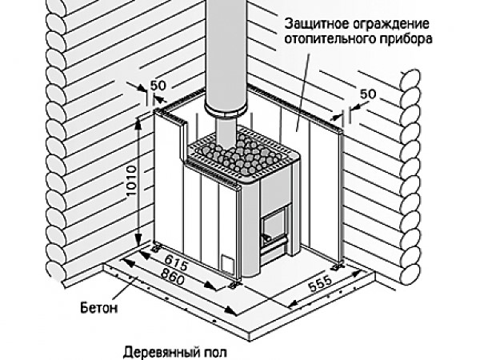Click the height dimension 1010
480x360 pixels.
click(130, 194)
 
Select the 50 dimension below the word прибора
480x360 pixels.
click(368, 94)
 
